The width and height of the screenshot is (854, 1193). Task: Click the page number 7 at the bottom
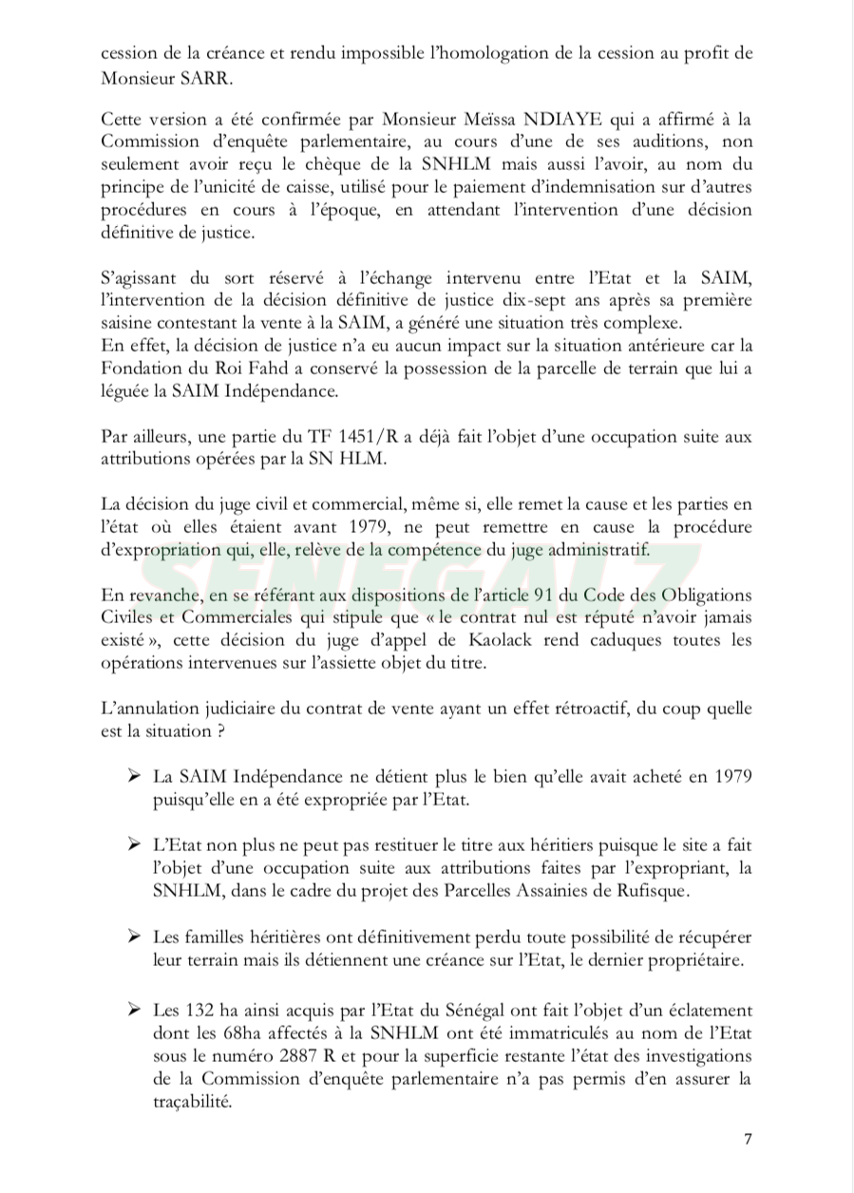(748, 1141)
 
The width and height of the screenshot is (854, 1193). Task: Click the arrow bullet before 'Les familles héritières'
(135, 937)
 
